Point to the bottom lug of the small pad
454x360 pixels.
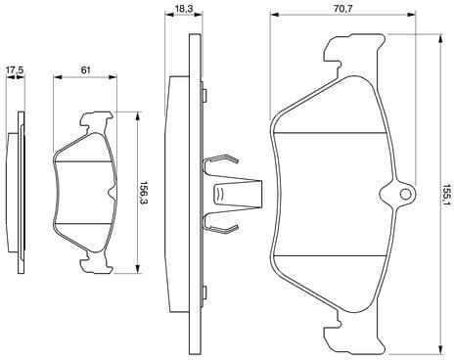[x=94, y=257]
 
